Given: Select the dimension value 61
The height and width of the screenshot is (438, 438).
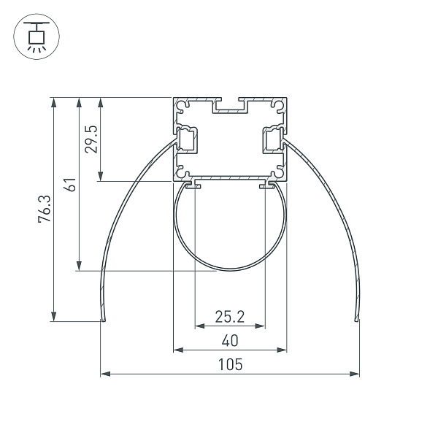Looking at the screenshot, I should click(x=69, y=184).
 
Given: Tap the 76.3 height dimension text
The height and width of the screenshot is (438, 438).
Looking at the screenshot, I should click(x=45, y=208).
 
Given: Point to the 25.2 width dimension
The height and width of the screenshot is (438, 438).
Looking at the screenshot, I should click(x=229, y=316).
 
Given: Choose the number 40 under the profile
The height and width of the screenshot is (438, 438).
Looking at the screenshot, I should click(x=229, y=340).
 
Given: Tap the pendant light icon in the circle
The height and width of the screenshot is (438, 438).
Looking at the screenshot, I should click(x=34, y=36).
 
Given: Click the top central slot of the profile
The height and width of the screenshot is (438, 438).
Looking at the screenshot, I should click(x=230, y=107).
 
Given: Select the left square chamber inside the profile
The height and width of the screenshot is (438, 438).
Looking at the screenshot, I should click(x=188, y=139).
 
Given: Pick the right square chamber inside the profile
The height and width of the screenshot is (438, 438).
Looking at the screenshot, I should click(x=272, y=139).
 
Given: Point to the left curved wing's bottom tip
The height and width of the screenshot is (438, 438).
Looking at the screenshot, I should click(x=103, y=318).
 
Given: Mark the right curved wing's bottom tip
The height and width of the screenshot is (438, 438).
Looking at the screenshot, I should click(x=356, y=318).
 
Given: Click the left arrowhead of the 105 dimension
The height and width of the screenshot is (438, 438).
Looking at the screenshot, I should click(x=104, y=374).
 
